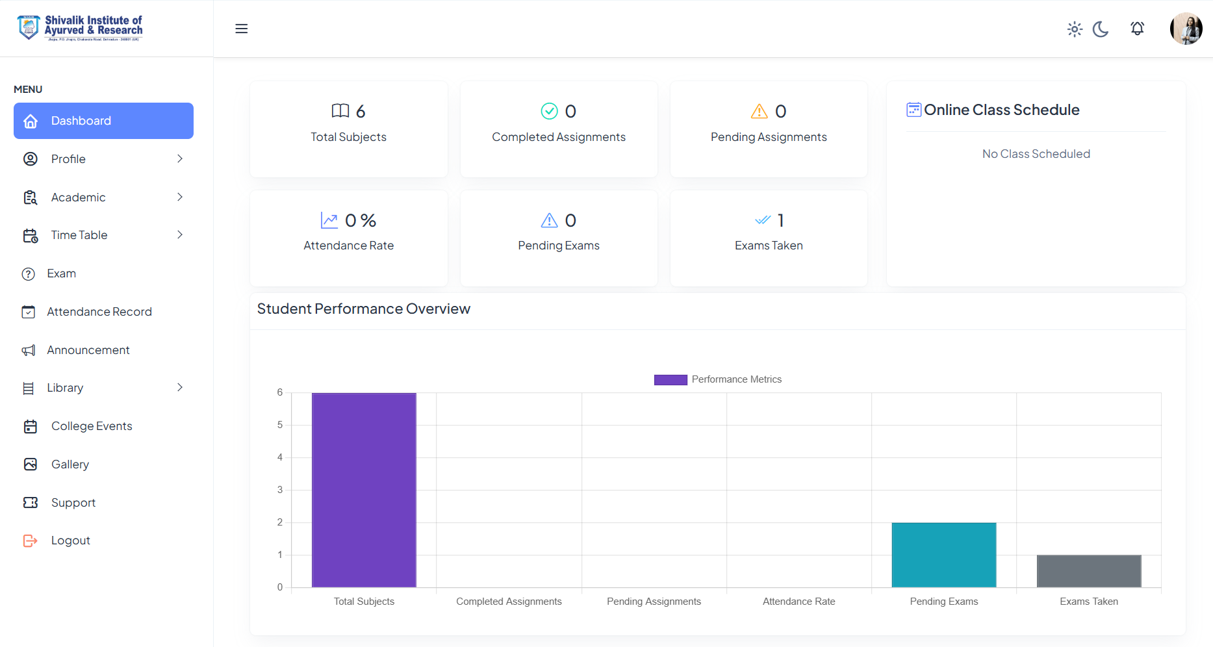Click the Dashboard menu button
click(x=103, y=121)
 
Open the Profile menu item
click(x=68, y=159)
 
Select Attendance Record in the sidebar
click(x=99, y=312)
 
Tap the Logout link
click(x=70, y=540)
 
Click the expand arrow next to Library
click(x=180, y=388)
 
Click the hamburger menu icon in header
click(x=241, y=29)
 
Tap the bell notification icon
click(x=1137, y=29)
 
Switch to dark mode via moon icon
click(x=1101, y=29)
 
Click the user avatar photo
click(x=1186, y=29)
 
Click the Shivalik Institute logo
click(x=80, y=28)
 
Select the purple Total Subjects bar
click(x=364, y=490)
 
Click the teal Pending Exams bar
click(x=943, y=555)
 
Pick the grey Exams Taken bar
click(x=1089, y=571)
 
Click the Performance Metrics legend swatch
click(x=670, y=380)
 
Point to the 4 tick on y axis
click(x=280, y=457)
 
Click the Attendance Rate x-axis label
click(x=798, y=602)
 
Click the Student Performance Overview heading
click(x=363, y=309)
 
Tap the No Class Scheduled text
click(x=1036, y=154)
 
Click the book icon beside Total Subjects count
click(x=340, y=111)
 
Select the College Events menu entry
click(x=92, y=426)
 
